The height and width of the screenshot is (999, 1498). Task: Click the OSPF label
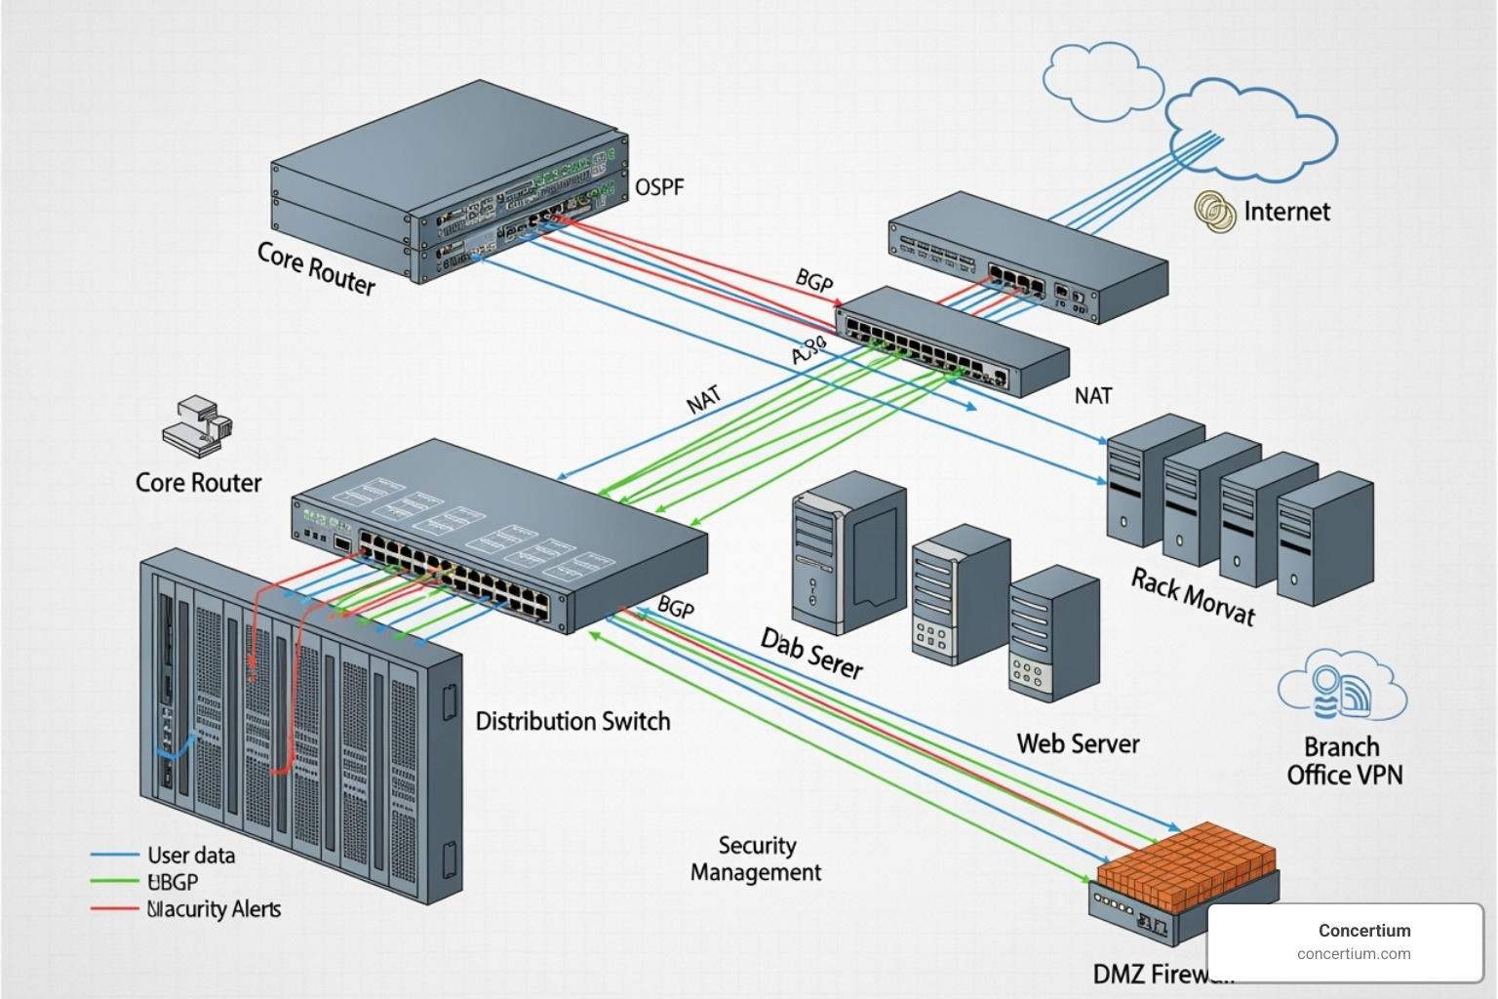click(659, 186)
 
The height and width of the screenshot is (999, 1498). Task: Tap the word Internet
click(1286, 212)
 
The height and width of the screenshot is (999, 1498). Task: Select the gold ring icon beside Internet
click(1214, 211)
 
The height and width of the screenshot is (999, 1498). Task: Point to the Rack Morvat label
click(1192, 596)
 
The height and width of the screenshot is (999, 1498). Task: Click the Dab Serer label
click(811, 654)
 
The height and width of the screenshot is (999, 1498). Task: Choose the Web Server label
click(1078, 743)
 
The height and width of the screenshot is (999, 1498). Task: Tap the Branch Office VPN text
click(1344, 761)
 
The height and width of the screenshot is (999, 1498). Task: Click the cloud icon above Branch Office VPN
click(1342, 687)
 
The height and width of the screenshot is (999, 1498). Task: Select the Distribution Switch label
click(572, 722)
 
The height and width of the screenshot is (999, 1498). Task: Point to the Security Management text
click(756, 859)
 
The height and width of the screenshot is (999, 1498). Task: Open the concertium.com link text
click(1354, 954)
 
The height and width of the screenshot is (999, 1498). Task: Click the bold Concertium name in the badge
click(1363, 931)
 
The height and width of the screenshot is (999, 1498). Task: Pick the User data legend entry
click(191, 856)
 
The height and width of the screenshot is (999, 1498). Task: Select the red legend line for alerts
click(114, 909)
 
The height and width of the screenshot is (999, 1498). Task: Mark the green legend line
click(114, 882)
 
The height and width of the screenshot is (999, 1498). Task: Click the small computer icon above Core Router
click(197, 425)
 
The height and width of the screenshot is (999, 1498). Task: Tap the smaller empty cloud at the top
click(1100, 77)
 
